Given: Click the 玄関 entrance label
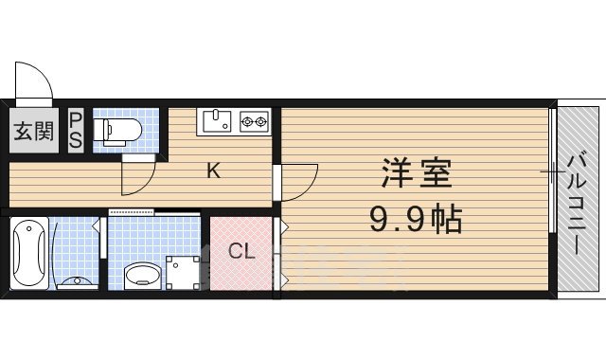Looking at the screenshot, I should point(33,130).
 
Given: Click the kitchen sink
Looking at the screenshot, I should point(218,120).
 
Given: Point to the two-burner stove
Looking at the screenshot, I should point(254,120).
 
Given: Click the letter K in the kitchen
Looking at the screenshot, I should point(214,171).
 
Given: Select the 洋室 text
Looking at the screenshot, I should point(417,175).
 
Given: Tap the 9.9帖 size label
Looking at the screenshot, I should point(416,222).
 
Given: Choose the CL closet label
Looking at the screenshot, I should point(241,251).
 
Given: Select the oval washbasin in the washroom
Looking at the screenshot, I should point(144,276).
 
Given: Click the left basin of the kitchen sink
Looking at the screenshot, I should point(212,120).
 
